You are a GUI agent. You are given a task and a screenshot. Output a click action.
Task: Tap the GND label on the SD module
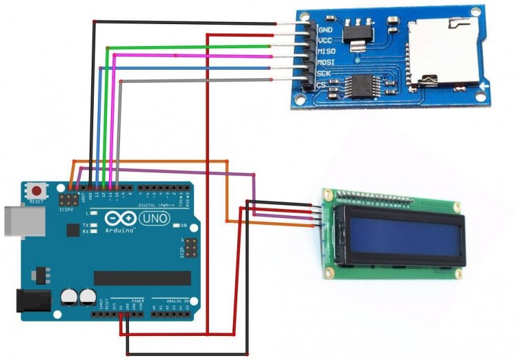coord(326,30)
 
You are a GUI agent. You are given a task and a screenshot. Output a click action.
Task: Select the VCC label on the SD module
coord(326,41)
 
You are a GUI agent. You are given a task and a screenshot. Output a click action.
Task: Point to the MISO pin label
coord(326,52)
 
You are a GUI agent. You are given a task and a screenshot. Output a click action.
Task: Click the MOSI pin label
coord(326,62)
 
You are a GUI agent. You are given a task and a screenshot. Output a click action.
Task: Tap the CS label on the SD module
coord(321,84)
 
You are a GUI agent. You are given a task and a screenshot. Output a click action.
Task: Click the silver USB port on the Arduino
coord(16,219)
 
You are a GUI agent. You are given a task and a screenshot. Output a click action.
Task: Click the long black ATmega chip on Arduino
coord(142,278)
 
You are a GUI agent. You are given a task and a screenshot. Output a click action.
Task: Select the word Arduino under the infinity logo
coord(119,230)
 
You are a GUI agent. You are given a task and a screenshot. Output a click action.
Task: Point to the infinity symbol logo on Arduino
coord(119,218)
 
